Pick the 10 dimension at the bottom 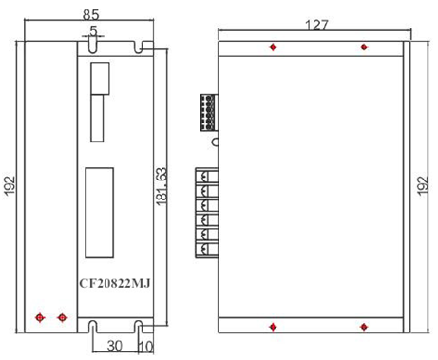pos(144,347)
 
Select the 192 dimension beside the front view pos(10,184)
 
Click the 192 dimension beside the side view pos(424,184)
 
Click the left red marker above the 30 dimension pos(39,317)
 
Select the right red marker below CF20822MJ pos(63,317)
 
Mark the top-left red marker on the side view pos(274,47)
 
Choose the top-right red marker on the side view pos(363,47)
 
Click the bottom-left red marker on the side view pos(274,327)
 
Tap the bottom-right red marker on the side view pos(363,327)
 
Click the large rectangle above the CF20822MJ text pos(99,214)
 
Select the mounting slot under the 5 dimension pos(92,45)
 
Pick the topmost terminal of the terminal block pos(204,176)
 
